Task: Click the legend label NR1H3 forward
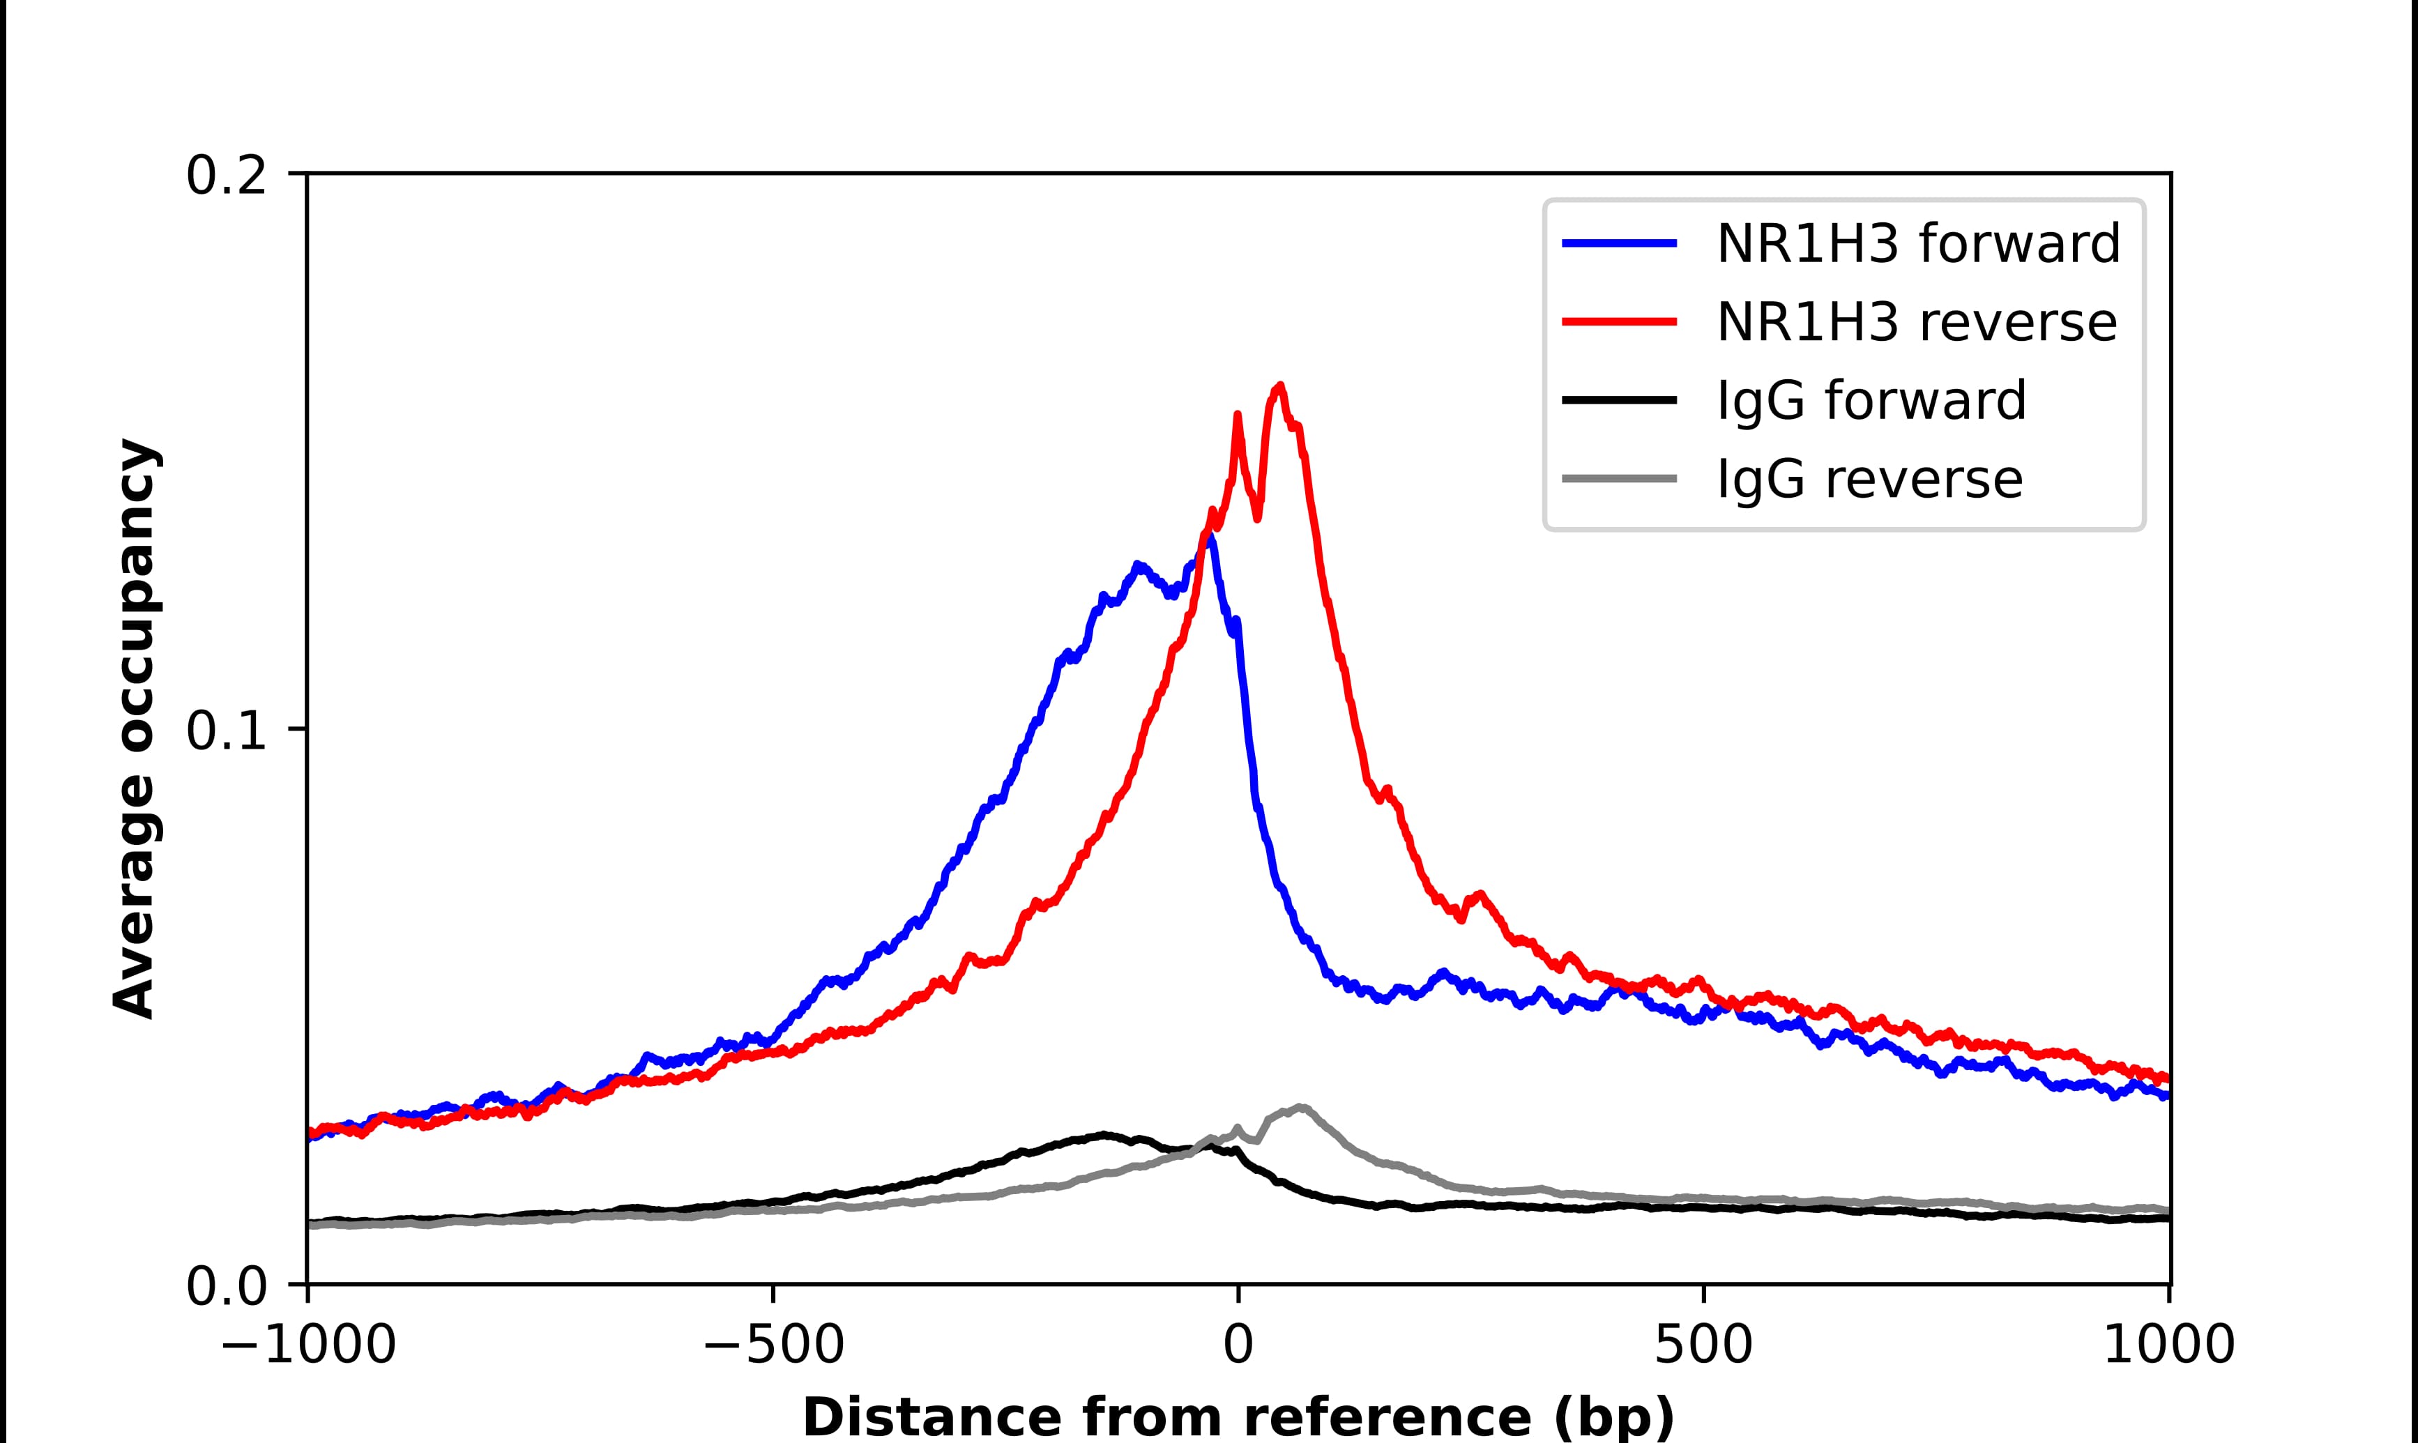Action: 1917,243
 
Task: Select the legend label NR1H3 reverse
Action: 1915,322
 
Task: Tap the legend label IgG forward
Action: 1871,401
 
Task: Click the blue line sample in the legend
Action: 1619,243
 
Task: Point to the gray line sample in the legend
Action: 1619,478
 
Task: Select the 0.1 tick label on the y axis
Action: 226,731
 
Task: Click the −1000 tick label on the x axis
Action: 308,1347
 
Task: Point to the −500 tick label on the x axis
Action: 773,1347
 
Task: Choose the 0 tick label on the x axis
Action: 1238,1347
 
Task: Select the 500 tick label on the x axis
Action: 1703,1347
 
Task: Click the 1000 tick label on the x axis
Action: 2168,1347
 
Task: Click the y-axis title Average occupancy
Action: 134,729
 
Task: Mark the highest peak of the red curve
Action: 1279,386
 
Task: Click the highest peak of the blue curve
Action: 1208,535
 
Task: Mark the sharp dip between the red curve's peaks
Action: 1258,517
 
